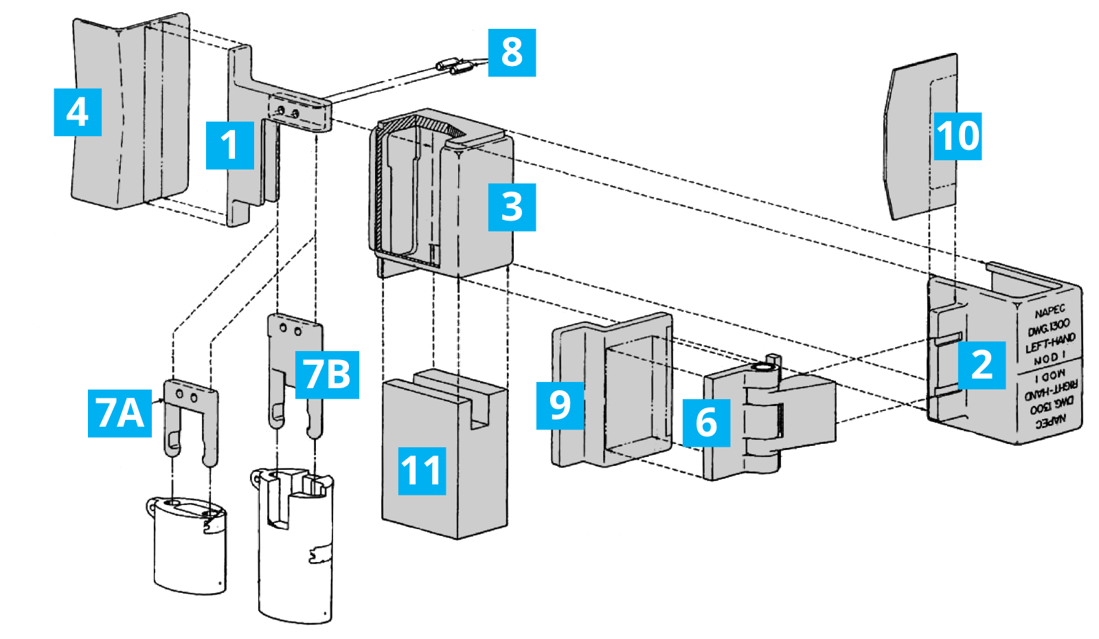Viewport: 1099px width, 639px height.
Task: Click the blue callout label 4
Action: click(x=78, y=112)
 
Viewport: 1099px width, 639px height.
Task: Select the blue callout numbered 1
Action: click(x=230, y=145)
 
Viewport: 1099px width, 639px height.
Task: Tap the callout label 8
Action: click(x=512, y=52)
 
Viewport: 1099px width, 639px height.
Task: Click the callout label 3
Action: click(x=512, y=207)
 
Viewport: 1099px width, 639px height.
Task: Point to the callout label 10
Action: click(x=958, y=136)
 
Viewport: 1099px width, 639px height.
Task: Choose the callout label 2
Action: click(x=982, y=365)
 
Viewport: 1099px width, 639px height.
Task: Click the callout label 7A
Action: click(x=120, y=413)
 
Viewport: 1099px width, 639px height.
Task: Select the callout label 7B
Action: click(x=327, y=374)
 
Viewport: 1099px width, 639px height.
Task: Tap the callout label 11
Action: click(x=422, y=471)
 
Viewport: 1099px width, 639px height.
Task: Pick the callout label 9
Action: click(x=560, y=405)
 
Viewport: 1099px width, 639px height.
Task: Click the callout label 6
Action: click(x=706, y=423)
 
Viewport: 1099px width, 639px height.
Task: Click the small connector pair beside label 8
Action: click(x=453, y=67)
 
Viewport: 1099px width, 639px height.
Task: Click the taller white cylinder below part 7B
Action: click(x=295, y=550)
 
